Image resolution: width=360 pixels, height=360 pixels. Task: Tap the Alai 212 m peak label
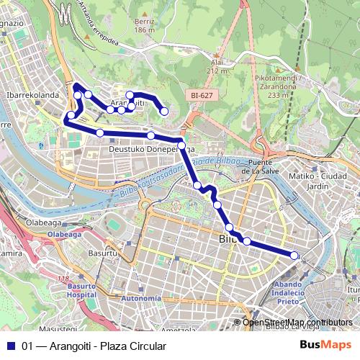coord(216,67)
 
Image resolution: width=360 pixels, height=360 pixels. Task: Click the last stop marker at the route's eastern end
coord(294,255)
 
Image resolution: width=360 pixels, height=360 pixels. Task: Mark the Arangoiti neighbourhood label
coord(130,104)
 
